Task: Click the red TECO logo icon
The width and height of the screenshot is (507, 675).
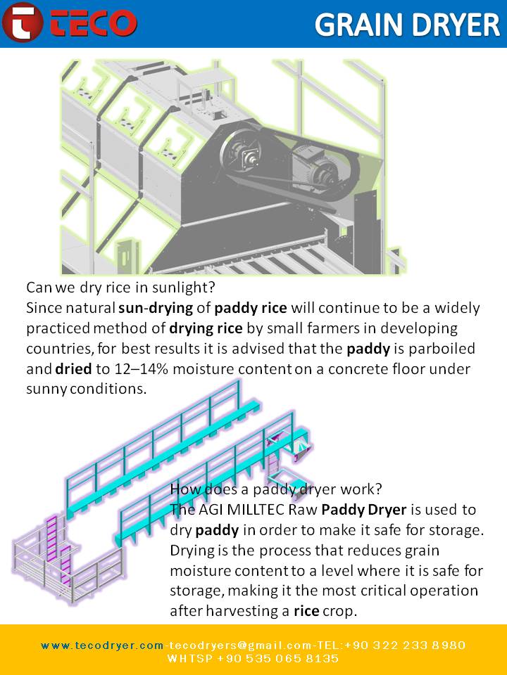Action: [x=23, y=22]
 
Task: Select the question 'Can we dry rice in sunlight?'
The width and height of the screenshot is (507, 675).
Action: [x=120, y=287]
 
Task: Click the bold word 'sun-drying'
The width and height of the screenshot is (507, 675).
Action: [x=156, y=308]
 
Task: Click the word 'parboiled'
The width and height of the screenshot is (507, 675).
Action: [x=442, y=349]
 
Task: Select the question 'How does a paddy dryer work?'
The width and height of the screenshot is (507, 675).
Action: [x=276, y=489]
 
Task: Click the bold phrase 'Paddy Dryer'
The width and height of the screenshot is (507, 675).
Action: [x=364, y=510]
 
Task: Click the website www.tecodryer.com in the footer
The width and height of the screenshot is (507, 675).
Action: [x=102, y=645]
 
